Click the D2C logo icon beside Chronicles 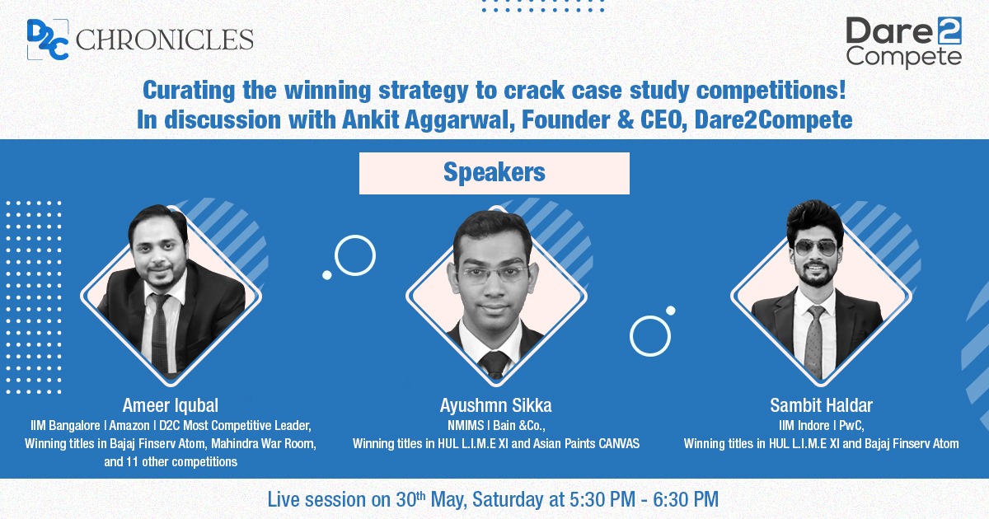pos(48,40)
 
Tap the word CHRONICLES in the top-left pos(164,40)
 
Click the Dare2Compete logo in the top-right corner pos(903,42)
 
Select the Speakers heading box pos(494,173)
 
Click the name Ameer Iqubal pos(171,405)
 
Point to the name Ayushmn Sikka pos(495,405)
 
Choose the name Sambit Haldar pos(821,405)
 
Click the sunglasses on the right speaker pos(815,249)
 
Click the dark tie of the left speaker pos(159,331)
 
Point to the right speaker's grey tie pos(814,339)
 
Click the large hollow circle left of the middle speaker pos(355,255)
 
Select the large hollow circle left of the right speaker pos(650,336)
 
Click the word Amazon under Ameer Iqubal pos(129,425)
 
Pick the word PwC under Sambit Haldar pos(851,426)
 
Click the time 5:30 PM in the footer pos(602,499)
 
